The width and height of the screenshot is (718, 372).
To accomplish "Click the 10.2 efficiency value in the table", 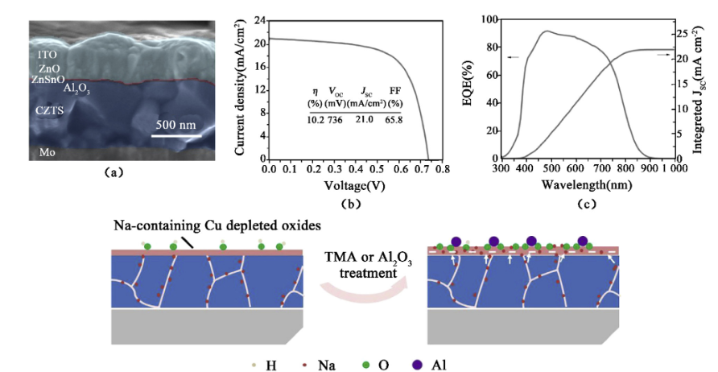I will pyautogui.click(x=315, y=120).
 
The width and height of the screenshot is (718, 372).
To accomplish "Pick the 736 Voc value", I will pyautogui.click(x=337, y=120).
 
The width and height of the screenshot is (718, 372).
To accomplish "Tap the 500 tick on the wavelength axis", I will pyautogui.click(x=550, y=172).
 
